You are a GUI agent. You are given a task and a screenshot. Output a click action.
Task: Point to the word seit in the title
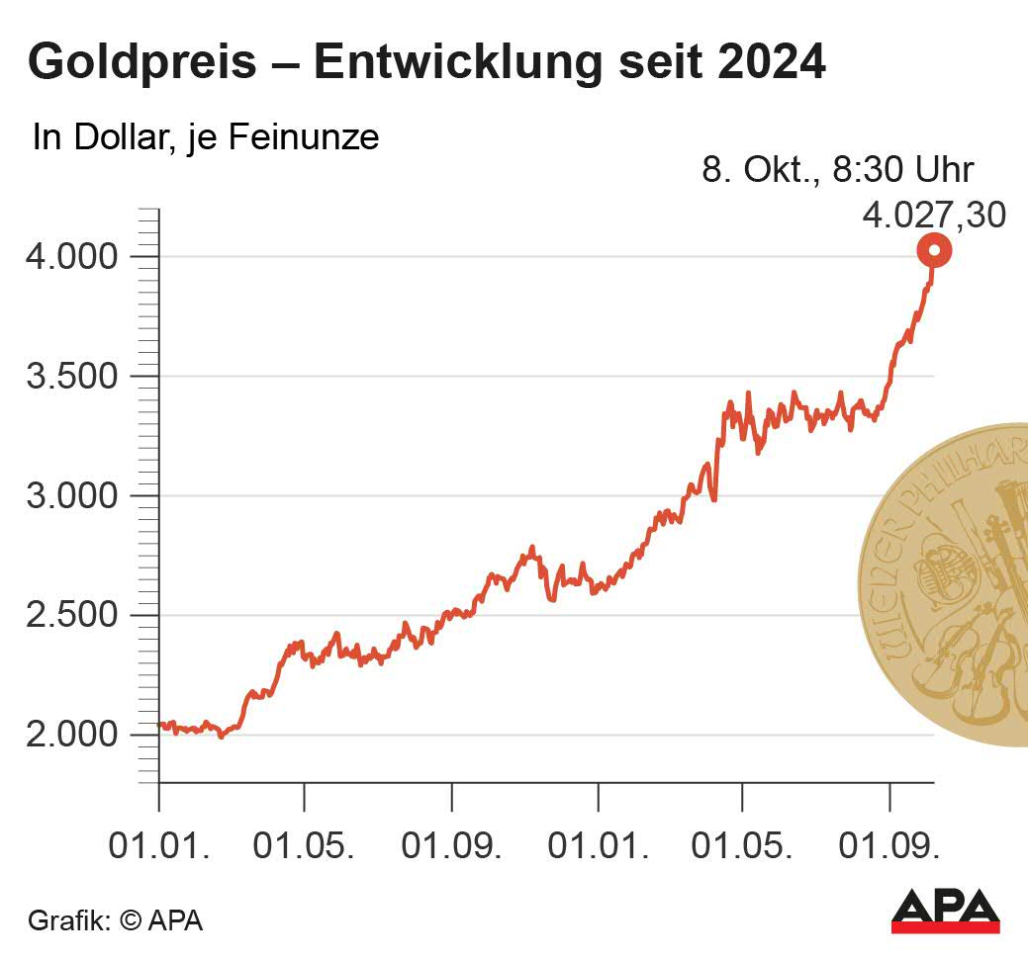coord(657,62)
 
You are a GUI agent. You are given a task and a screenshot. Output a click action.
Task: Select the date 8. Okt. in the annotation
coord(757,169)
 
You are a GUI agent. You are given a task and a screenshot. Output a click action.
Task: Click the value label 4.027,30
coord(933,215)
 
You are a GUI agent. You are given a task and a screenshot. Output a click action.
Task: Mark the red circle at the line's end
coord(933,251)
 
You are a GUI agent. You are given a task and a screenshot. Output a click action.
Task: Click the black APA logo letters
coord(946,905)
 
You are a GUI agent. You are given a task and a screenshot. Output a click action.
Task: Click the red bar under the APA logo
coord(946,927)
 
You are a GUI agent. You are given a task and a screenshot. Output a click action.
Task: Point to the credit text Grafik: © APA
coord(115,920)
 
